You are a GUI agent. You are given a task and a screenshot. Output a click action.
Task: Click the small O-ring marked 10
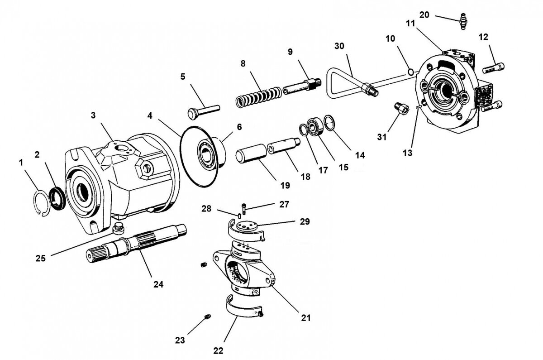(410, 72)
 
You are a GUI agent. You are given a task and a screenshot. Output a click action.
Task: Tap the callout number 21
(306, 317)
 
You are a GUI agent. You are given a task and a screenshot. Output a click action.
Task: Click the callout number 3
(93, 115)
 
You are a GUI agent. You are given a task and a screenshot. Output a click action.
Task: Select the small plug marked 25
(119, 227)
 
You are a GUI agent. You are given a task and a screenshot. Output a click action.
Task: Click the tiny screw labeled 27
(244, 209)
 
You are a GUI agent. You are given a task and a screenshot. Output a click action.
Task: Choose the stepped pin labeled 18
(284, 149)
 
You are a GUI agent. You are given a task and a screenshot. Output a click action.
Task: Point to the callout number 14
(360, 155)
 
